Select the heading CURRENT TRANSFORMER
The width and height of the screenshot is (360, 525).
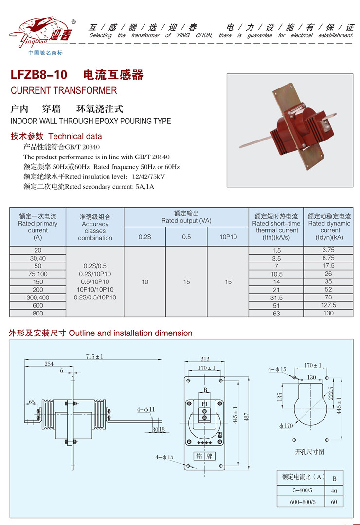[64, 90]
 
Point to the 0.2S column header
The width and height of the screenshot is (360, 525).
[145, 237]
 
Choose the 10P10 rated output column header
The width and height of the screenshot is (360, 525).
[228, 237]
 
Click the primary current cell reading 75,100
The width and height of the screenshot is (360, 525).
[38, 274]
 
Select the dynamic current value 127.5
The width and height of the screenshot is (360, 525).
[328, 305]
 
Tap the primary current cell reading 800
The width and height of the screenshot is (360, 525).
[38, 314]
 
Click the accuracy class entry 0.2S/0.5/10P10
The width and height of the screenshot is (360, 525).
[95, 297]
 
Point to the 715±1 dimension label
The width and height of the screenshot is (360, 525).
[95, 357]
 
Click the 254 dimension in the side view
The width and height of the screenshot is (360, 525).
[49, 363]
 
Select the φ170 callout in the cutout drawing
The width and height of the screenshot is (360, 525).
[286, 426]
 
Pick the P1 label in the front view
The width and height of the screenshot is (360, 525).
[204, 403]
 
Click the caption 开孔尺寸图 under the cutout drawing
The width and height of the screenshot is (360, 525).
[309, 452]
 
